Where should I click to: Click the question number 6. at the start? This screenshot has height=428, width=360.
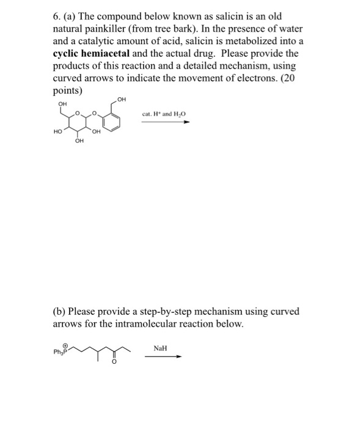[x=57, y=16]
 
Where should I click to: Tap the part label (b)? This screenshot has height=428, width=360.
[x=62, y=311]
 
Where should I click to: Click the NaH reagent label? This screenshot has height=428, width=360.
[x=160, y=348]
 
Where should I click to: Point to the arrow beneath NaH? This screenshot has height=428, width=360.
[x=163, y=357]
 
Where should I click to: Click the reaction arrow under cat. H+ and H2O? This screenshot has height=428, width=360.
[x=165, y=122]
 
